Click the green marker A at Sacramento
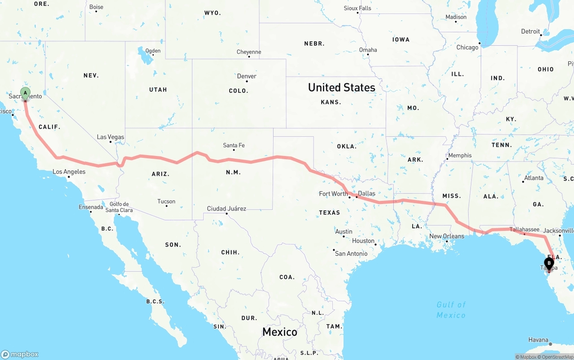[x=26, y=94]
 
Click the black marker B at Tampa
[x=549, y=264]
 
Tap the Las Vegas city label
[x=110, y=137]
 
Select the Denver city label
[x=247, y=76]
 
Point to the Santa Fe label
[x=234, y=145]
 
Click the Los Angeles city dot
[x=69, y=177]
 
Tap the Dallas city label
[x=367, y=193]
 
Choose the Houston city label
[x=363, y=241]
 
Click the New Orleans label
[x=447, y=236]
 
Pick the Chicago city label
[x=467, y=48]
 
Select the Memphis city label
[x=460, y=156]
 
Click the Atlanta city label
[x=534, y=178]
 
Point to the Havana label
[x=538, y=340]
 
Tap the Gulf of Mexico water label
[x=451, y=310]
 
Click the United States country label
[x=341, y=87]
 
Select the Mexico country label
[x=280, y=332]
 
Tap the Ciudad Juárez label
[x=226, y=208]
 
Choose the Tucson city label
[x=166, y=201]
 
